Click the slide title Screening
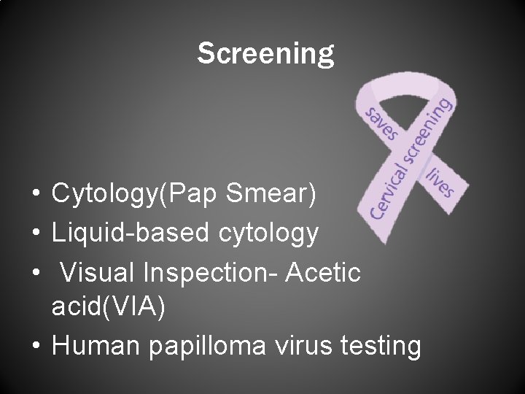click(x=265, y=53)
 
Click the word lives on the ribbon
click(x=439, y=179)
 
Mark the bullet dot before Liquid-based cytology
click(x=35, y=234)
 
